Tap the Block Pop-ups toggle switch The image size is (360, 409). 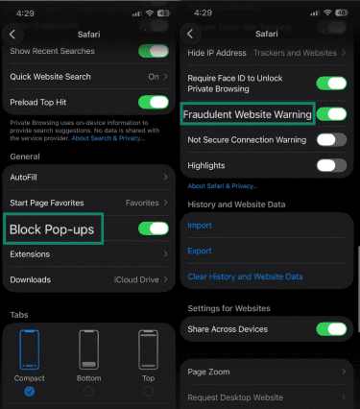[153, 229]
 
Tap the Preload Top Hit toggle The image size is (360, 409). [153, 102]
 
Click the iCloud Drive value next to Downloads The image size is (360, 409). [135, 279]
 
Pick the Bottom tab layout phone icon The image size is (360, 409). [89, 356]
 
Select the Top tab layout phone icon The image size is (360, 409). [147, 356]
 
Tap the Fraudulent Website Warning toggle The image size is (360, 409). [331, 114]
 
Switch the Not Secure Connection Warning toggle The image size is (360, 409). [331, 139]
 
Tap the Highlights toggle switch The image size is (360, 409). [331, 165]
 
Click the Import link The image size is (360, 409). [200, 226]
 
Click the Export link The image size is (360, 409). [200, 251]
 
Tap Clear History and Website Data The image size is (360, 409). [245, 277]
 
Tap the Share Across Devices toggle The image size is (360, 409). [331, 329]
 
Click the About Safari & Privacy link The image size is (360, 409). [223, 185]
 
